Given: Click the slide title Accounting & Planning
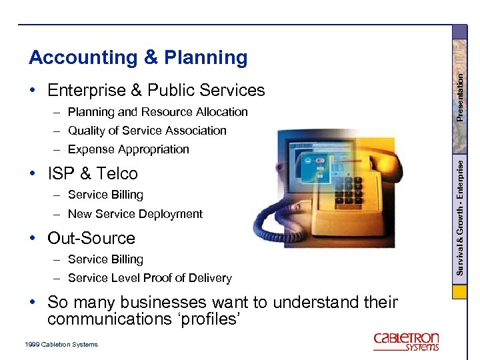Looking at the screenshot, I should click(138, 58).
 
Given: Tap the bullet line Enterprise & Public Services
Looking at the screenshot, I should click(156, 90).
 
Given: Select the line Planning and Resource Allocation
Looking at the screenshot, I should click(157, 112).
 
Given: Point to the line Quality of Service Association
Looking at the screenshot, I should click(147, 131).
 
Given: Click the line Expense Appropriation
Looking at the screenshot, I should click(128, 149).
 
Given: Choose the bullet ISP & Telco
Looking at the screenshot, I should click(92, 174).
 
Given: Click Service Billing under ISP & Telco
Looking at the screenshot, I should click(105, 195).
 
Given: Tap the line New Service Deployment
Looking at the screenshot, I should click(135, 214).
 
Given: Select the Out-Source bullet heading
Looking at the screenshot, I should click(91, 239).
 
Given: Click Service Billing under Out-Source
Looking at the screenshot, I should click(105, 259).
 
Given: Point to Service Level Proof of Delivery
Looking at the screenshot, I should click(149, 278).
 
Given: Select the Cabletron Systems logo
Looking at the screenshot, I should click(406, 341).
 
